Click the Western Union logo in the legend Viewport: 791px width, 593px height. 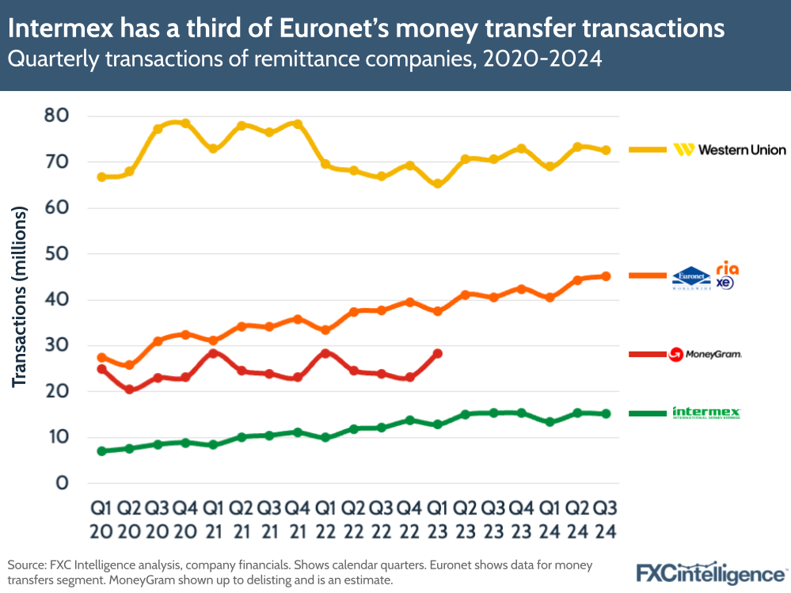729,149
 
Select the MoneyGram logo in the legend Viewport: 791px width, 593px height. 705,354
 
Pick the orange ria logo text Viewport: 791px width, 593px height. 727,268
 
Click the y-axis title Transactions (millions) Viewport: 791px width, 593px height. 21,297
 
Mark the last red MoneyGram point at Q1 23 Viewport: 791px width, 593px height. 437,354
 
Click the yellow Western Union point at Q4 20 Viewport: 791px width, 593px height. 185,124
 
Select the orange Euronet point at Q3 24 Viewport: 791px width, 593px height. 605,276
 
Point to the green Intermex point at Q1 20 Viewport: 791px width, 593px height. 101,451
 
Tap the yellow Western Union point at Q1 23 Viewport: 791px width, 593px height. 437,184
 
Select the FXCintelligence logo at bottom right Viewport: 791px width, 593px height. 712,572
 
